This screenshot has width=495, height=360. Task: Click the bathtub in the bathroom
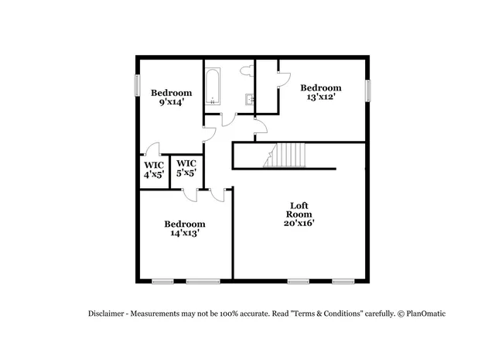point(213,87)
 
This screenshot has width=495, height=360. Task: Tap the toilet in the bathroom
point(247,71)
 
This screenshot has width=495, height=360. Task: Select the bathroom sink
point(249,99)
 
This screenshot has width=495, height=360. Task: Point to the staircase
point(286,155)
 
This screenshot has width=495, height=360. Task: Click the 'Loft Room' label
point(299,209)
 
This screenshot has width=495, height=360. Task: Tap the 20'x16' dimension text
point(299,223)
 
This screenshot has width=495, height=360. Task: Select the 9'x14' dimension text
point(171,101)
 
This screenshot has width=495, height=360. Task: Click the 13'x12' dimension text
point(321,98)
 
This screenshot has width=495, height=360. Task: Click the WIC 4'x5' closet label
point(152,170)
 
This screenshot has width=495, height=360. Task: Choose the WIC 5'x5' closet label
point(186,168)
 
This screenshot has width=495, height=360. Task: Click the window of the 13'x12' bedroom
point(369,90)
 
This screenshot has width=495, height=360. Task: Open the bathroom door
point(227,119)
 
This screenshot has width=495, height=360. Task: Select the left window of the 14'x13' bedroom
point(162,281)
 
